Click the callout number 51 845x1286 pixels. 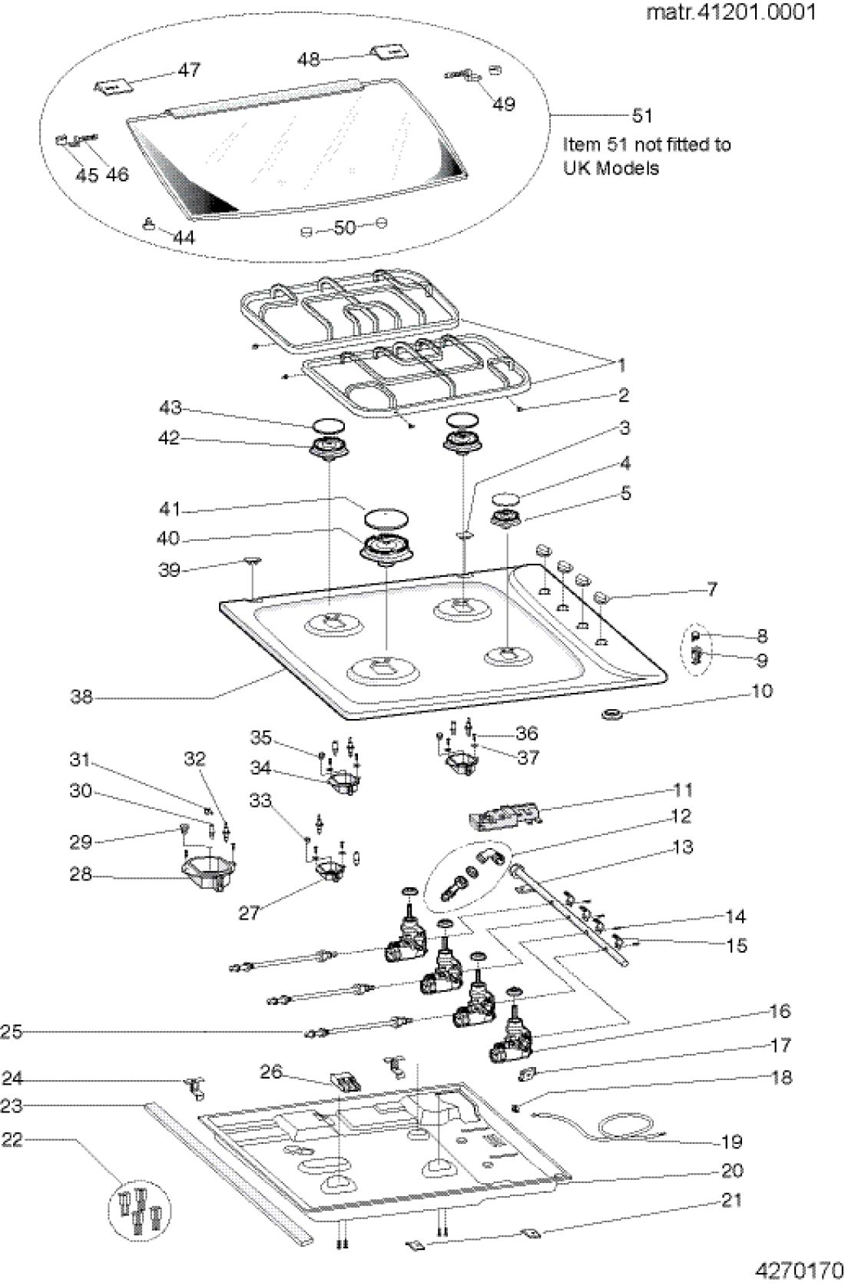pos(642,116)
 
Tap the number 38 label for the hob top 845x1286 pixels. pos(81,698)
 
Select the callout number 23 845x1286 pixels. pos(12,1106)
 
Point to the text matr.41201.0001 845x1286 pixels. pos(731,12)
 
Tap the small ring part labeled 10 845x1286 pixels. pos(611,714)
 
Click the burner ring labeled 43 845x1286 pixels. pos(328,426)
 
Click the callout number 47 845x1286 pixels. pos(189,70)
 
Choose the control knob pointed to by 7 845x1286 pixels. pos(601,598)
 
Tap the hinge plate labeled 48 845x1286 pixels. pos(389,51)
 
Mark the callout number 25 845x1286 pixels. pos(12,1032)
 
